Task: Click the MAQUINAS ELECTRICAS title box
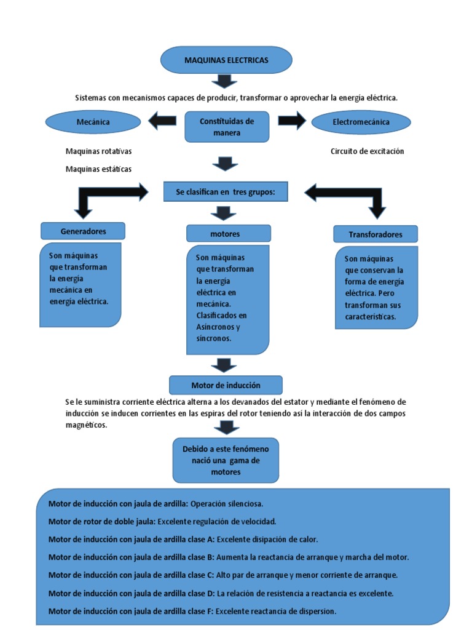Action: [226, 60]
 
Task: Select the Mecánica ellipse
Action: [93, 122]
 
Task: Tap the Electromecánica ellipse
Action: [361, 122]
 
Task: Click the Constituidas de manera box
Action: [227, 127]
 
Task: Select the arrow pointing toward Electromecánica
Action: [292, 121]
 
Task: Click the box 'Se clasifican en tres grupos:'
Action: [227, 192]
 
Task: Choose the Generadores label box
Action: [83, 231]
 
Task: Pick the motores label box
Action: [229, 234]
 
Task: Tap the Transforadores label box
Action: [376, 234]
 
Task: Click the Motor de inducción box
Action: [226, 385]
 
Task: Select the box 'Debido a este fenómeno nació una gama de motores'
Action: [226, 460]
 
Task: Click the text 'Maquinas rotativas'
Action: [98, 151]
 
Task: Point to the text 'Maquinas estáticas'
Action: [98, 169]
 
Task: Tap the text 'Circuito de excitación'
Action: [367, 151]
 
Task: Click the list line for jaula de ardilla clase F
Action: [192, 611]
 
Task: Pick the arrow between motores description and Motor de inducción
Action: [224, 365]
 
